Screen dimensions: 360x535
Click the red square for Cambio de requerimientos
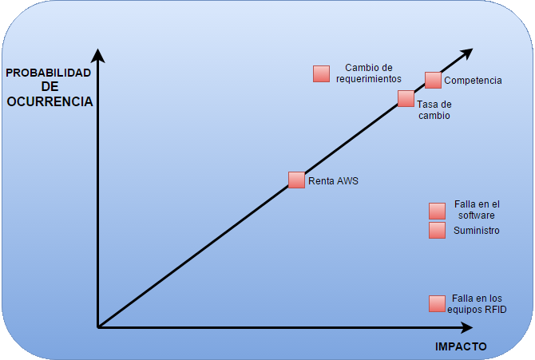pos(321,73)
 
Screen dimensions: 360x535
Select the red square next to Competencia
pos(433,80)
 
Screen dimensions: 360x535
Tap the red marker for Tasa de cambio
pos(406,99)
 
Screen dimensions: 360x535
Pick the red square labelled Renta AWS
pos(296,180)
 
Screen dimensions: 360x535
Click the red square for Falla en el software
pos(437,211)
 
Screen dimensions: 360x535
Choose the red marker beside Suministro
pos(437,231)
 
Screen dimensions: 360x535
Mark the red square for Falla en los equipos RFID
pos(437,303)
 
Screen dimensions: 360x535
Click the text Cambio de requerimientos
pos(368,73)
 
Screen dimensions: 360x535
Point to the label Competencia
pos(473,81)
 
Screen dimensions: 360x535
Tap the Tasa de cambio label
pos(434,110)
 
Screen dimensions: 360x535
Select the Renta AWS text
pos(333,181)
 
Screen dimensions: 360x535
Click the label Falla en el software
pos(476,210)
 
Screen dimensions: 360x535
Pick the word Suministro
pos(476,231)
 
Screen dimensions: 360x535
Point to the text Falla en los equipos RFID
pos(477,304)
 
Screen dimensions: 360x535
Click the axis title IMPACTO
pos(461,346)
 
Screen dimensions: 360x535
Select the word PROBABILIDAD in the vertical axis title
pos(49,73)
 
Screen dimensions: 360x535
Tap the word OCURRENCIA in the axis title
pos(50,101)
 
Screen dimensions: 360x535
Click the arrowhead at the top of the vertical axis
pos(97,55)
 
